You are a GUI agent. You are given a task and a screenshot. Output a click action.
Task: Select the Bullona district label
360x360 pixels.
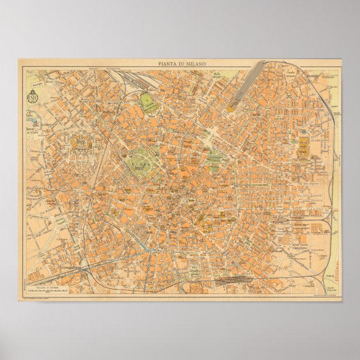(108, 112)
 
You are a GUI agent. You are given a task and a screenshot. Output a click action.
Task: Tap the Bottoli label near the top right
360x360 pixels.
(311, 74)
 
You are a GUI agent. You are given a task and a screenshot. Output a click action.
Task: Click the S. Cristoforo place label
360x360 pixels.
(69, 268)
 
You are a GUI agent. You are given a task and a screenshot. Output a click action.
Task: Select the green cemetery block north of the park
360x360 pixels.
(148, 103)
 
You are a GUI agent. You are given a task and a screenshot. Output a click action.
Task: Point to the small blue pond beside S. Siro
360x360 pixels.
(32, 121)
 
